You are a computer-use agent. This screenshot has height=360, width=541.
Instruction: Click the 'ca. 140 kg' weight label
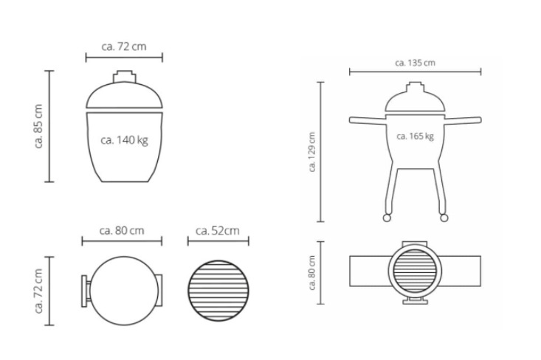pyautogui.click(x=124, y=140)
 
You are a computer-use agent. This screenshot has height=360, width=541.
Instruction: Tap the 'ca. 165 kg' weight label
pyautogui.click(x=415, y=136)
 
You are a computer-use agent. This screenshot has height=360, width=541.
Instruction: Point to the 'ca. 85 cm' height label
pyautogui.click(x=38, y=126)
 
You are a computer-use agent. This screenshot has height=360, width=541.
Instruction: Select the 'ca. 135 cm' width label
pyautogui.click(x=415, y=63)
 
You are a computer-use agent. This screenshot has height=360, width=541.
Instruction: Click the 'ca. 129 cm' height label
pyautogui.click(x=312, y=152)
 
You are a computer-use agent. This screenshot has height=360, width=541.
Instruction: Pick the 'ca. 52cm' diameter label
pyautogui.click(x=218, y=231)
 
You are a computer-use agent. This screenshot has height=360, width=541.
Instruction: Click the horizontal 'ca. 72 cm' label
pyautogui.click(x=124, y=46)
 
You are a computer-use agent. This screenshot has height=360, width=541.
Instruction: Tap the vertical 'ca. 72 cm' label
pyautogui.click(x=38, y=291)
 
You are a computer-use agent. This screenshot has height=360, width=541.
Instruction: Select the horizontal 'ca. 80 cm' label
pyautogui.click(x=122, y=231)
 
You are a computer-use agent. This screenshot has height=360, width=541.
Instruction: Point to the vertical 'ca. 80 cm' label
pyautogui.click(x=312, y=273)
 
